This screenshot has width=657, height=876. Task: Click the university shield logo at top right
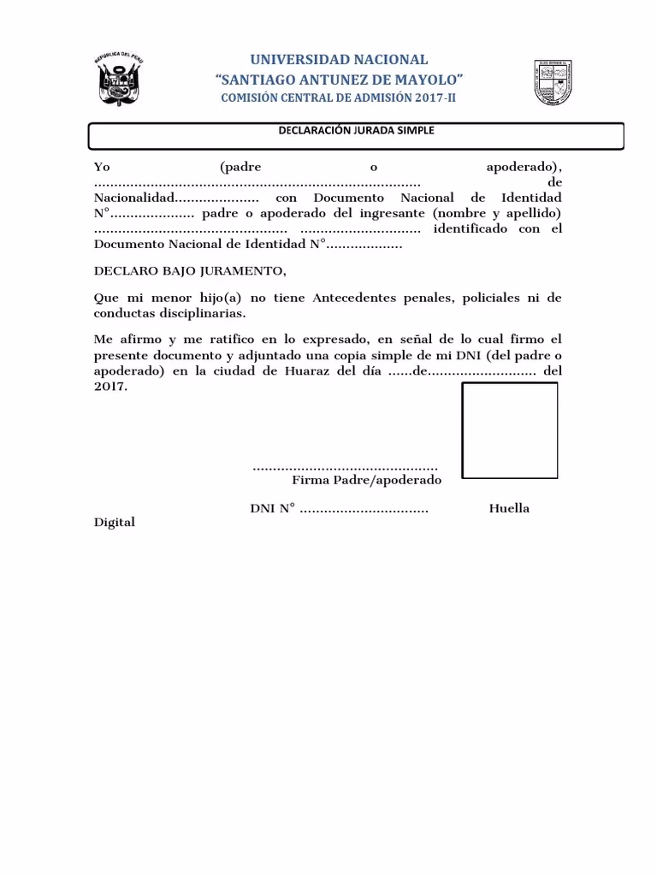565,83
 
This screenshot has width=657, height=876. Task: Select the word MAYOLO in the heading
430,80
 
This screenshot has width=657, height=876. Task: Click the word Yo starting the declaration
102,167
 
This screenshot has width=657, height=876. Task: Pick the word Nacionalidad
133,198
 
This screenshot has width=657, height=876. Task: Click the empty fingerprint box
510,430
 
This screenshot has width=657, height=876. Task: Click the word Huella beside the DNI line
509,508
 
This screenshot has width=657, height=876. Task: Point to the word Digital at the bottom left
114,522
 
